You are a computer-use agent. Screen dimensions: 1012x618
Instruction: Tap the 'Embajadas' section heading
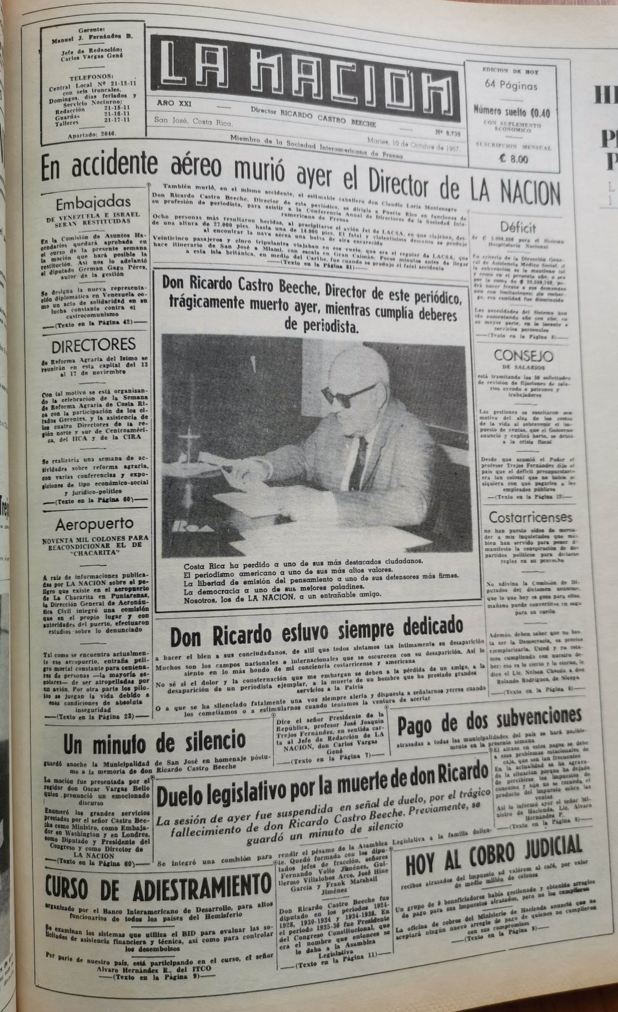tap(93, 203)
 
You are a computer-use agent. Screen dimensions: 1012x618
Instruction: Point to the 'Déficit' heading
tap(518, 227)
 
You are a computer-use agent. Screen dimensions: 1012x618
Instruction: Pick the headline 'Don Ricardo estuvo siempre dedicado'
tap(316, 633)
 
